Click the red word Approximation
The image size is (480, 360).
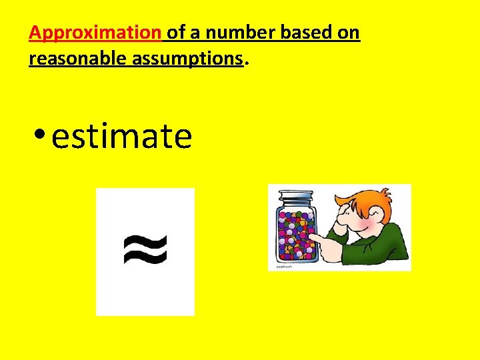tap(95, 33)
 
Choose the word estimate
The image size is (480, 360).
tap(121, 137)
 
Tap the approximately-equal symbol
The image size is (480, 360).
tap(145, 251)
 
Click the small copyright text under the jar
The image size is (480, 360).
tap(281, 265)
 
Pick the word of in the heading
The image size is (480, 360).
tap(177, 33)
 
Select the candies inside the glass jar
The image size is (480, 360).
tap(295, 233)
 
